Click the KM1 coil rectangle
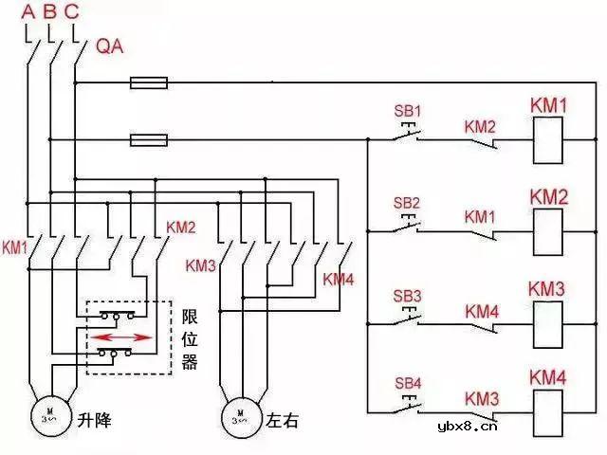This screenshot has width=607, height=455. (546, 140)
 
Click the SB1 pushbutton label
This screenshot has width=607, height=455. (406, 109)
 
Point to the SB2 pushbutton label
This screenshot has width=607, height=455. (406, 203)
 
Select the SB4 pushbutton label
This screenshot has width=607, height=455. (406, 383)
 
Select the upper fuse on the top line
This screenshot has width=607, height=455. (148, 83)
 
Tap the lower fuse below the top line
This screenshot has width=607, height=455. (148, 140)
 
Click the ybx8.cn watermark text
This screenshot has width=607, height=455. (468, 428)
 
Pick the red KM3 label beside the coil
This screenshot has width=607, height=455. (547, 288)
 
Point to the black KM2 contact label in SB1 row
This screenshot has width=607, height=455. (480, 125)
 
